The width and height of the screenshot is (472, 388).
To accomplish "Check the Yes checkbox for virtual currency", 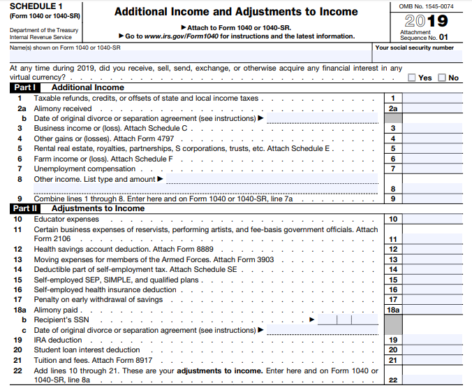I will (x=412, y=78).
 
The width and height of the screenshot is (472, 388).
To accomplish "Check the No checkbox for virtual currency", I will (x=442, y=78).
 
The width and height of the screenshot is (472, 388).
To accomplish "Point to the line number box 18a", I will (x=393, y=310).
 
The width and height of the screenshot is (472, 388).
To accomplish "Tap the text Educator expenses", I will (x=66, y=219).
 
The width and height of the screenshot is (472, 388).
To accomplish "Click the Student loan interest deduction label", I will (x=87, y=350).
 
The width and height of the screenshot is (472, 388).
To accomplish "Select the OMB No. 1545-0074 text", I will (x=425, y=6).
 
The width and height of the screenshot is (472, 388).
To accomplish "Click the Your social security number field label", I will (x=414, y=48).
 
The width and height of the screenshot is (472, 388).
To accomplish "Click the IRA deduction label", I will (x=58, y=340).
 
